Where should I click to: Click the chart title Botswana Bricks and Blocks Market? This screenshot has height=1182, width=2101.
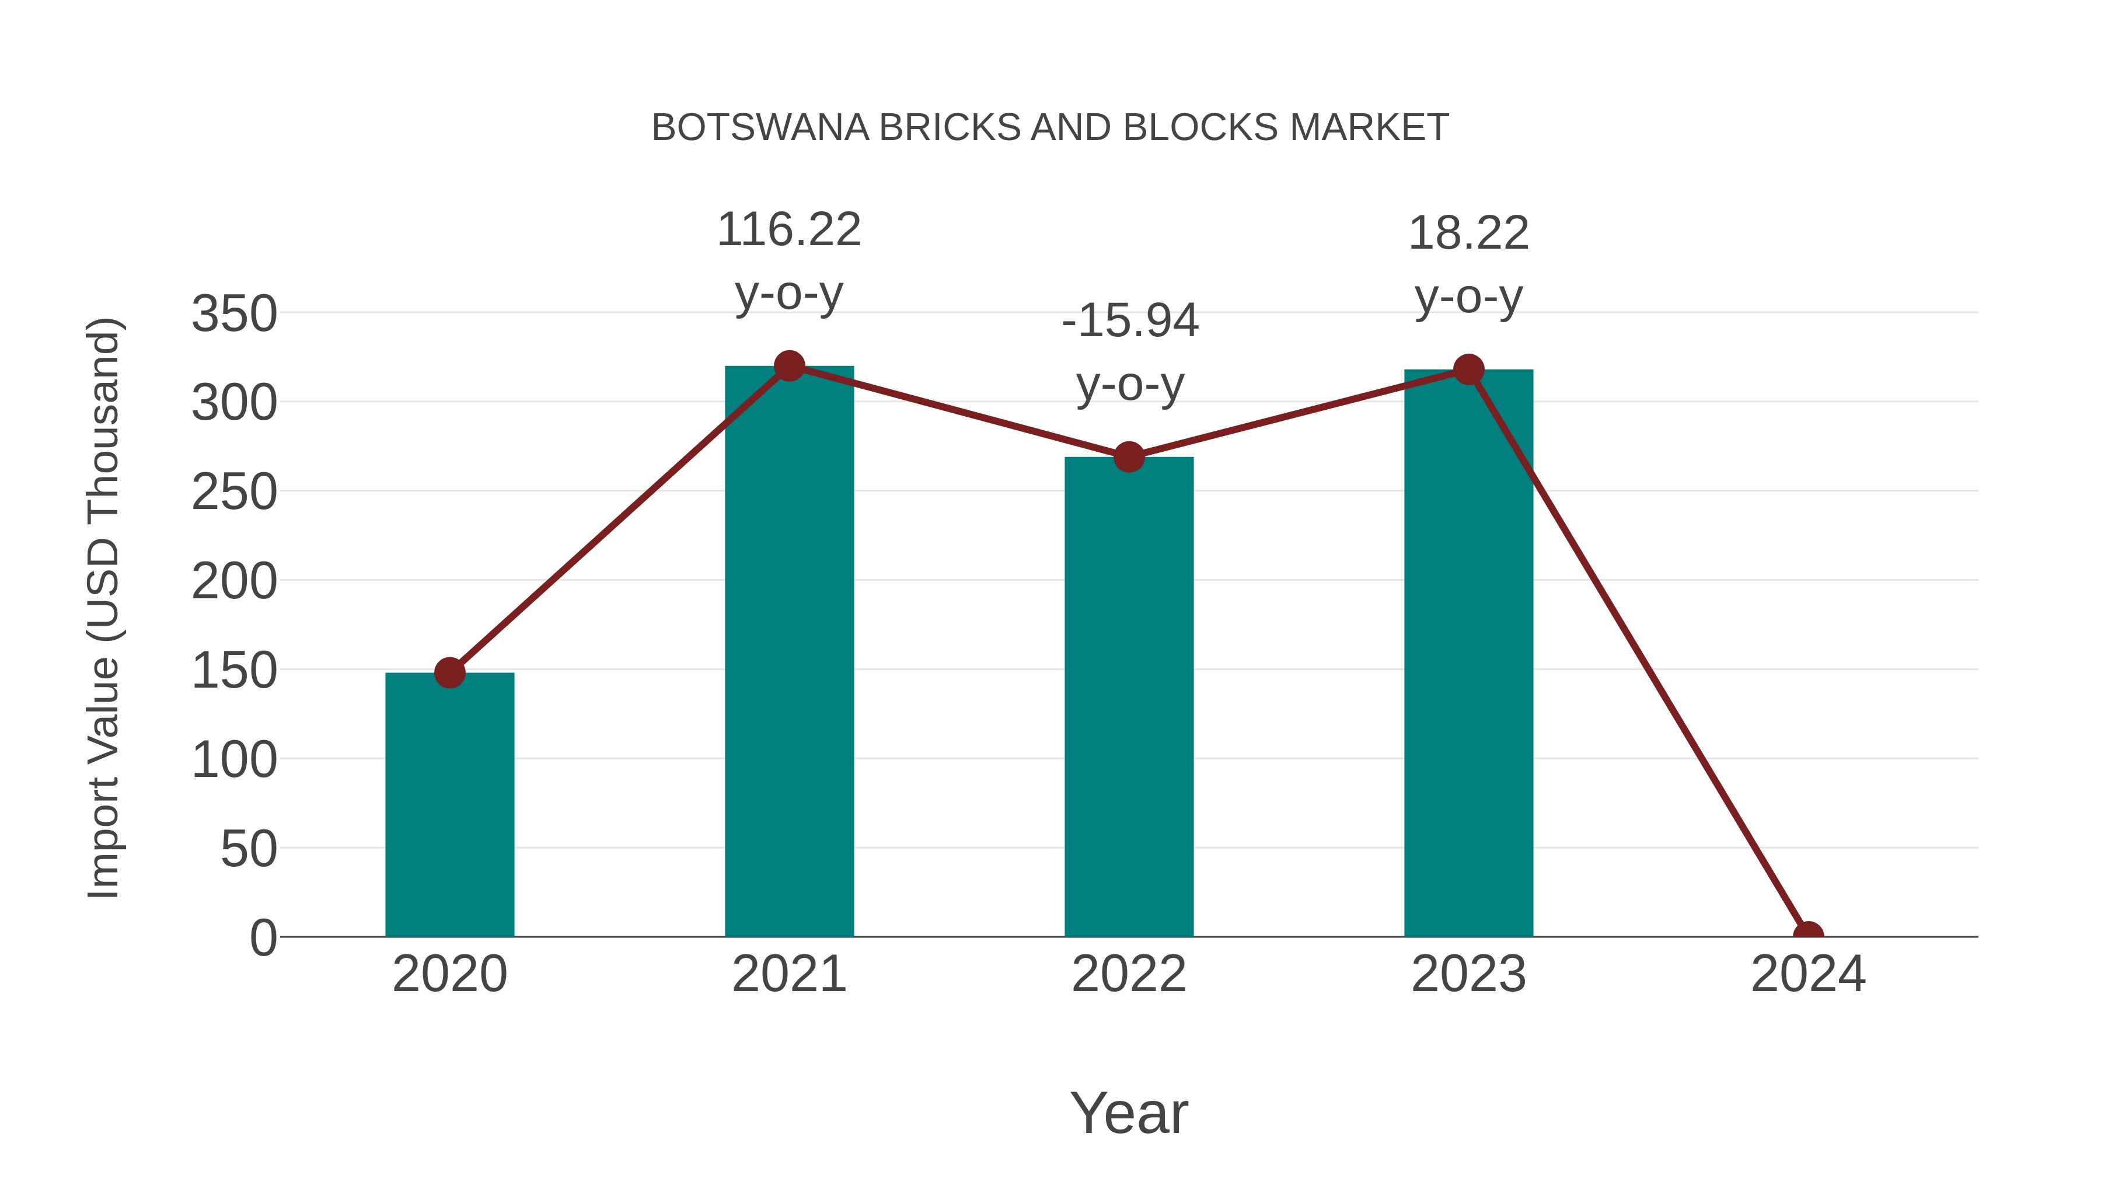click(1050, 128)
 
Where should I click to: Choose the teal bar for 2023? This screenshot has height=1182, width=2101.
click(1468, 653)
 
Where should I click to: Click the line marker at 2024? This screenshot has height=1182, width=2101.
click(1808, 935)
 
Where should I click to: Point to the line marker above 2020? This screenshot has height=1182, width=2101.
click(449, 673)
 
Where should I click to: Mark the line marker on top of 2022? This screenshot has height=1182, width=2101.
click(1129, 457)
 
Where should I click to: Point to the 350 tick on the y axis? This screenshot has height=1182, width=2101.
click(234, 314)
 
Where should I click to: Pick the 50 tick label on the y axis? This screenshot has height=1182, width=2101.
click(249, 849)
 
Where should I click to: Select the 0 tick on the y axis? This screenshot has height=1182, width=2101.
click(263, 937)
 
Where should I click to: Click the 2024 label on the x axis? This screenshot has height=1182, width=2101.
click(1808, 974)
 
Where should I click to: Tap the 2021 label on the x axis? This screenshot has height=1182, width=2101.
click(788, 974)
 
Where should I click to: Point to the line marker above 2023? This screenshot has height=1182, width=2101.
click(1468, 369)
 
